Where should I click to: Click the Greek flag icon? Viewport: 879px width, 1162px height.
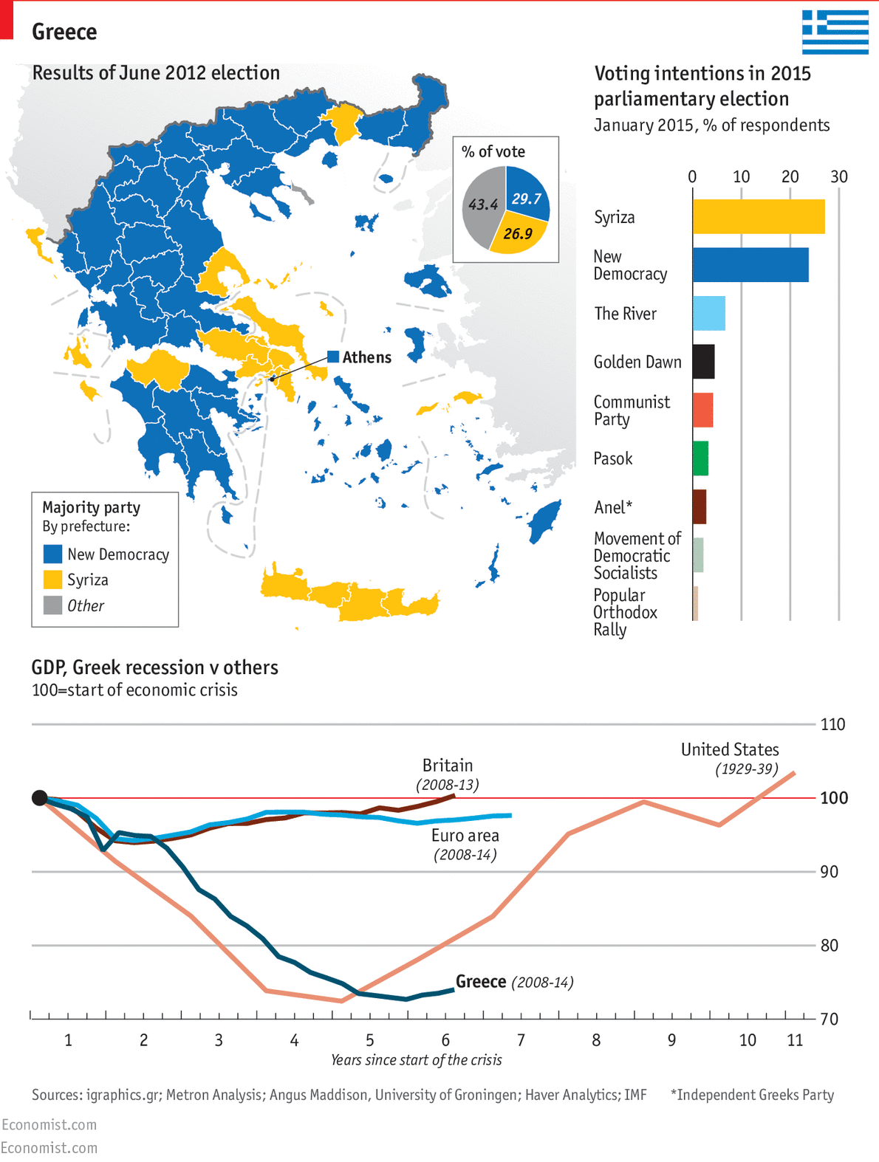(835, 32)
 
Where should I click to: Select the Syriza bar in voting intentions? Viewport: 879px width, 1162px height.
(758, 216)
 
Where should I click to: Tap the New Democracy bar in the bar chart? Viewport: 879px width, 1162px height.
(750, 265)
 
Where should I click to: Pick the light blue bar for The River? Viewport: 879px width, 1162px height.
(708, 313)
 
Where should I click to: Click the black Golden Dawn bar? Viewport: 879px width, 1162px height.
(703, 362)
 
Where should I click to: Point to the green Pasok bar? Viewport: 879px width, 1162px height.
(700, 458)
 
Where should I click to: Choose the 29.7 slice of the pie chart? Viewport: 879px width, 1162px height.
(526, 195)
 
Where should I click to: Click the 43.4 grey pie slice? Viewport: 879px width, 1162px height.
(482, 204)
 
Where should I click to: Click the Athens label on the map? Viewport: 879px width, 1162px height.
(366, 357)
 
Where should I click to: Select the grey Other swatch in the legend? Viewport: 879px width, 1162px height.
(52, 605)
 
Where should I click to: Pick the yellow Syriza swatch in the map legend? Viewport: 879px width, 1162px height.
(52, 580)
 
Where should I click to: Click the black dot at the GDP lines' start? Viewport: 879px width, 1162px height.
(40, 798)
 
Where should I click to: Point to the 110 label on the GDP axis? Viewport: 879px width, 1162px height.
(832, 724)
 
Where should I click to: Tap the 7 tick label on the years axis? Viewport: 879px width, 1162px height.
(521, 1040)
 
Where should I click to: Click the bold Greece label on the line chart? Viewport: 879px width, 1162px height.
(481, 981)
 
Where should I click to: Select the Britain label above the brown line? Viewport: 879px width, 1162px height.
(448, 766)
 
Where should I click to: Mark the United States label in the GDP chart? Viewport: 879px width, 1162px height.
(730, 749)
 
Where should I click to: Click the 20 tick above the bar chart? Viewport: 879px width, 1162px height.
(790, 176)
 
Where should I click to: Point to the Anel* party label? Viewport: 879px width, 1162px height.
(613, 507)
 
